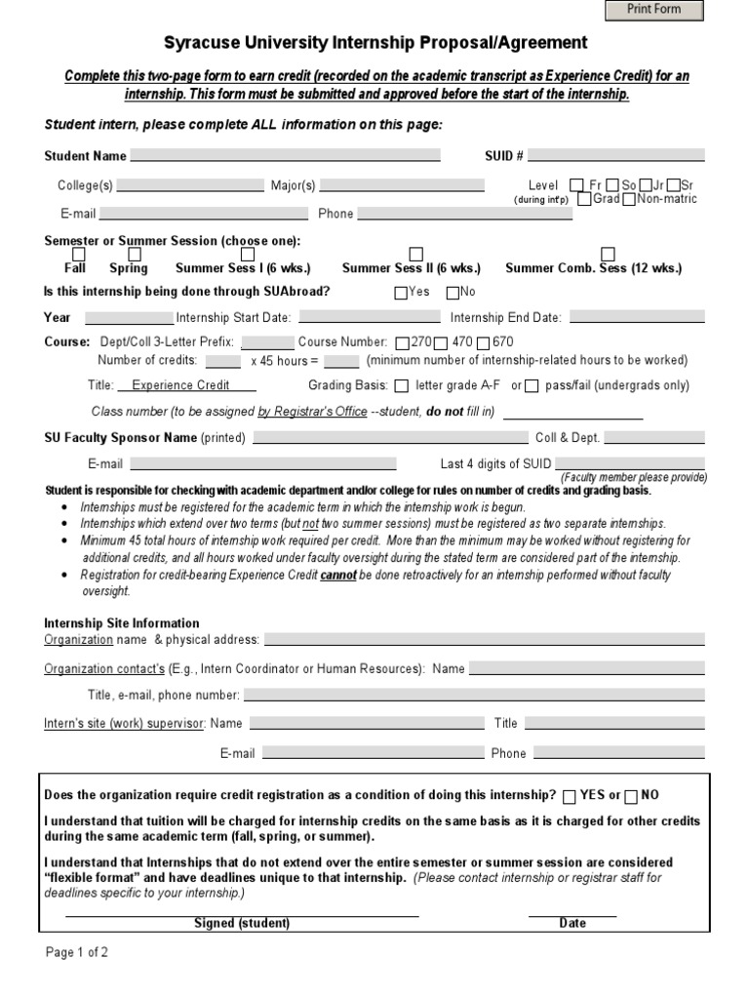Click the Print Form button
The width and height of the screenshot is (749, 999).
653,10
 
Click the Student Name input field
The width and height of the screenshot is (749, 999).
285,155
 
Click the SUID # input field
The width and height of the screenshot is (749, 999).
616,155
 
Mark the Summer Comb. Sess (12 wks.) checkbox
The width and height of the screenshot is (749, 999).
608,255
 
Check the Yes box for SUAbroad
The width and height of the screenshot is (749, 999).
401,293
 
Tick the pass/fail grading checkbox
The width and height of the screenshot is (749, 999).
532,385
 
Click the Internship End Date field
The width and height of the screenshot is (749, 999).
636,317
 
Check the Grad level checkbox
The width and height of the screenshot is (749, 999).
583,199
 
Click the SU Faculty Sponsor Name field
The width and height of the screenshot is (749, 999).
389,438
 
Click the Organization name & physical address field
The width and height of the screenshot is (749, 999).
484,640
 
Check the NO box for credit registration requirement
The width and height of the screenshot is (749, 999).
631,796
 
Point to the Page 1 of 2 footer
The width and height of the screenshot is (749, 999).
77,953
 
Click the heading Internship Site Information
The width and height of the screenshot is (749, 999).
122,623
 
